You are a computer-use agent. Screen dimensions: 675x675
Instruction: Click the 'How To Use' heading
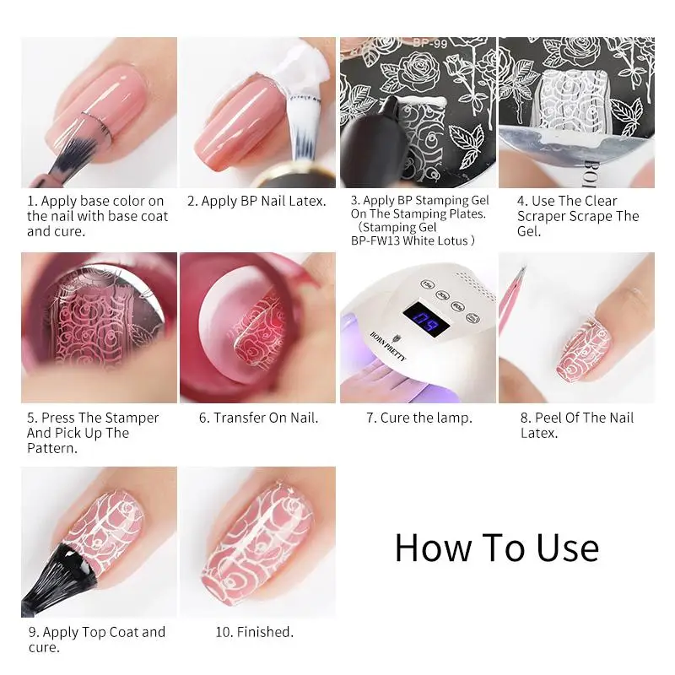point(496,548)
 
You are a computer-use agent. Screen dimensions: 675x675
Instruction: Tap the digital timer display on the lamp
point(418,318)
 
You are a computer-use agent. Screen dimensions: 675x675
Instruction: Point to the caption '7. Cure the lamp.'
point(418,418)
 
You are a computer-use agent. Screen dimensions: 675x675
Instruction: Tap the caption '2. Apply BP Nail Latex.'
point(256,202)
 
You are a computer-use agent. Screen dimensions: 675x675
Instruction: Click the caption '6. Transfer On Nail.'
point(258,418)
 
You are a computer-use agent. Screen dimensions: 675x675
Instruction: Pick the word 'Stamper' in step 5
point(131,418)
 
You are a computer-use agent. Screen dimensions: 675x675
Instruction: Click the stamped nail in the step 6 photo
point(253,337)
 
